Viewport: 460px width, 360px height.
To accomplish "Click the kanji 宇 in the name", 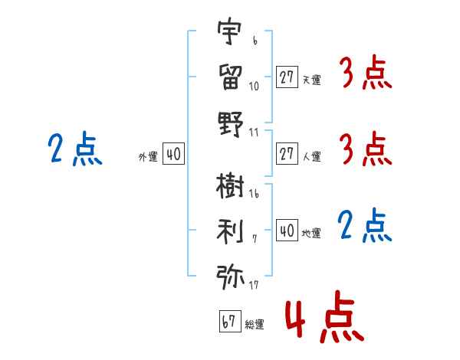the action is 230,31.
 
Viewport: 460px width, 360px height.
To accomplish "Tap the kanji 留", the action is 231,77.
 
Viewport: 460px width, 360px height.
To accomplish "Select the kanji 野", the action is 231,124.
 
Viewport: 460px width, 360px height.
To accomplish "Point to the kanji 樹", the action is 230,185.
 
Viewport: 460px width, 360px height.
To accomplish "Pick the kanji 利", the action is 230,231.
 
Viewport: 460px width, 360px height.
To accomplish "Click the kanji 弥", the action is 230,277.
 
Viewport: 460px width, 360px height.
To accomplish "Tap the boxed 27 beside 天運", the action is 287,77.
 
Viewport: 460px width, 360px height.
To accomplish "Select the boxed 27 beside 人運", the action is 287,153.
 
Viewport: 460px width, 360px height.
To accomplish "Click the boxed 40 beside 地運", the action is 287,230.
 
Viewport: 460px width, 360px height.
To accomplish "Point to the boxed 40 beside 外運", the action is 174,153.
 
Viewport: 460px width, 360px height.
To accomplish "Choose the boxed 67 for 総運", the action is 230,321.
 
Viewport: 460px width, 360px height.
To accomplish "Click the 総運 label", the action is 255,324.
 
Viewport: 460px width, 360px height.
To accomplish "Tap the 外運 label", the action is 148,157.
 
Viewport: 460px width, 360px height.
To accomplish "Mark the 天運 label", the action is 312,80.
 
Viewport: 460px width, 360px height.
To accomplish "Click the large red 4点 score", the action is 324,316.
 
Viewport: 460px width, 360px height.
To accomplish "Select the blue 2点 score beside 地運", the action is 365,225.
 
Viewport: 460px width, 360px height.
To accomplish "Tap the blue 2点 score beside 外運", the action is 75,149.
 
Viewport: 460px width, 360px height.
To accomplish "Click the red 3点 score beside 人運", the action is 366,149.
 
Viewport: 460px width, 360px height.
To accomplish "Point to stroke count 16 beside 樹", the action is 254,194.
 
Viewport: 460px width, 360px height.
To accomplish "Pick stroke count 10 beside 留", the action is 254,86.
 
